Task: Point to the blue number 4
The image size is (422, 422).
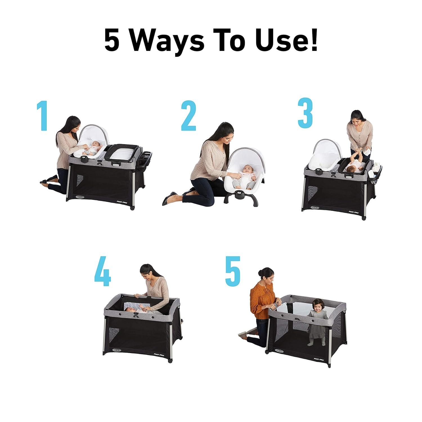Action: (103, 270)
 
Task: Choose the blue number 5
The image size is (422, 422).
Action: (233, 270)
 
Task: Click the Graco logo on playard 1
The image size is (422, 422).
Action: (82, 196)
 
